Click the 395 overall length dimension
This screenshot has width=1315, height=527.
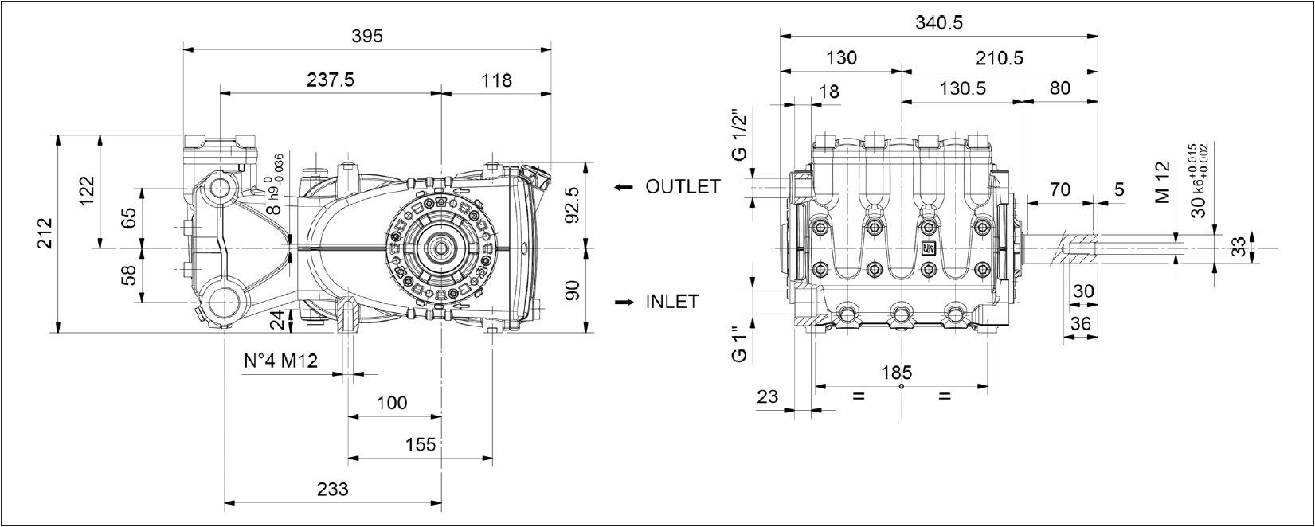366,36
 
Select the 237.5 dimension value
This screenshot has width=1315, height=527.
330,80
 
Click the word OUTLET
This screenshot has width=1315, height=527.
683,187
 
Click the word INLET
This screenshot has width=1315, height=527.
671,302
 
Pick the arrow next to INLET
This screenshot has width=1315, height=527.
624,303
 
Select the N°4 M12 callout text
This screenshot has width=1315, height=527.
280,361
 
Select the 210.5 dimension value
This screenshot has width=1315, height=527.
999,58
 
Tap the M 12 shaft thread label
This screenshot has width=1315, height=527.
1163,182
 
